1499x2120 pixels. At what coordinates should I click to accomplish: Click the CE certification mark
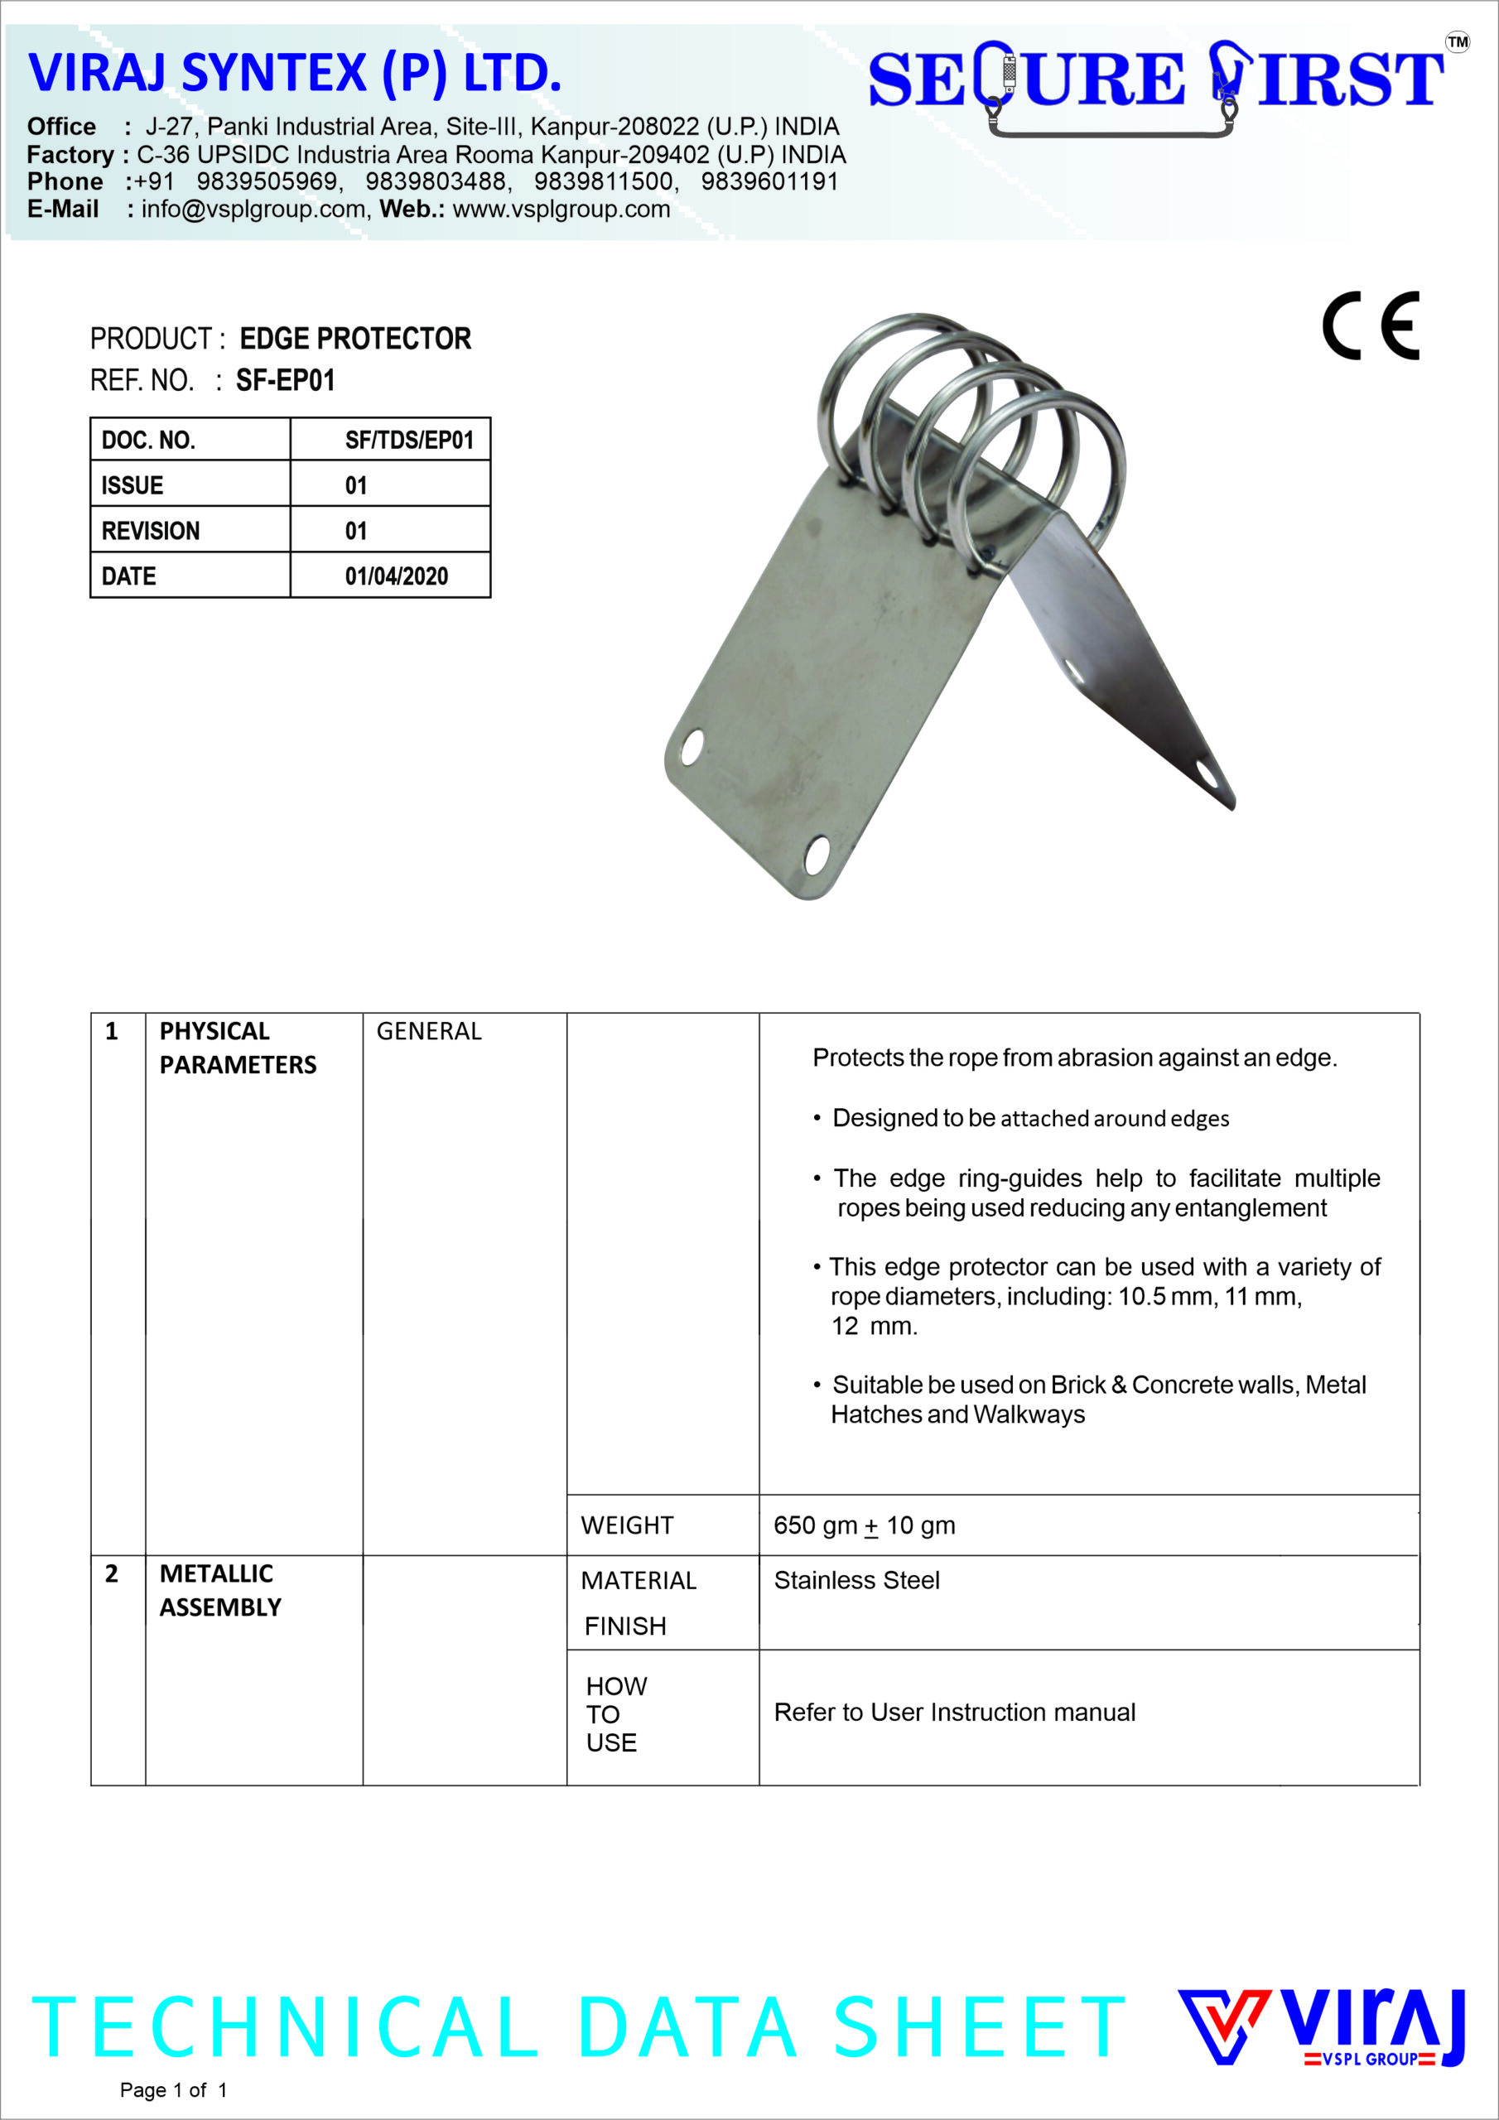coord(1371,326)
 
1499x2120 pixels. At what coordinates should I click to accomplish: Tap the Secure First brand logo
coord(1155,85)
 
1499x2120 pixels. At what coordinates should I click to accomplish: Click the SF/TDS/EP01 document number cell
coord(409,440)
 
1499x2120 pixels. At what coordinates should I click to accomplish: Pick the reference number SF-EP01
coord(286,380)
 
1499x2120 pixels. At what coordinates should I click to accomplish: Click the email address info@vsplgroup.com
coord(254,210)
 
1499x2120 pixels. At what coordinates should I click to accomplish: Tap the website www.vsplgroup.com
coord(562,210)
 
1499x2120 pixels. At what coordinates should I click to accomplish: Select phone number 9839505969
coord(268,182)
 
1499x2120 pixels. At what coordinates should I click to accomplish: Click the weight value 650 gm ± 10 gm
coord(865,1525)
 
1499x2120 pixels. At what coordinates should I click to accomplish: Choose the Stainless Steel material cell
coord(856,1580)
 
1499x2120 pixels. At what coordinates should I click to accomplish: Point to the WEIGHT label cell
coord(627,1525)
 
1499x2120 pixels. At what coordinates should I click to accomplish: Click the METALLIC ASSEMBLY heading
coord(219,1590)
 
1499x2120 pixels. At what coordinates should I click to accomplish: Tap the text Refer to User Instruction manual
coord(954,1712)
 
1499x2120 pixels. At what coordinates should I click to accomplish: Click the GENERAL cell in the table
coord(428,1030)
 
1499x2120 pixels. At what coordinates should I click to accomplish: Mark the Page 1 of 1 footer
coord(173,2089)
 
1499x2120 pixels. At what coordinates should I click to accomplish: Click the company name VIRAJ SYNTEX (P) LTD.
coord(295,73)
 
